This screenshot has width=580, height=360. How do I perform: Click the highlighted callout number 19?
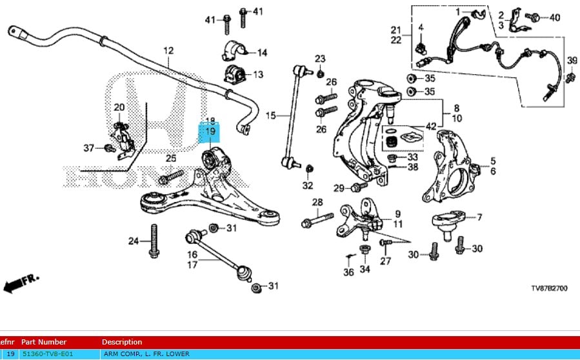click(210, 132)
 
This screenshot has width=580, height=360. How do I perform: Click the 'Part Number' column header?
click(43, 342)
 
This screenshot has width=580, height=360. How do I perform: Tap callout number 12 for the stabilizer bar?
click(168, 50)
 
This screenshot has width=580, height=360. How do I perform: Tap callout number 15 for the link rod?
click(270, 115)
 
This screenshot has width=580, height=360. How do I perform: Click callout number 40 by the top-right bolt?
click(555, 17)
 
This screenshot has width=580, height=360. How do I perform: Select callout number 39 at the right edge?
click(572, 61)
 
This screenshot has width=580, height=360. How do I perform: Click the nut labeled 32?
click(308, 170)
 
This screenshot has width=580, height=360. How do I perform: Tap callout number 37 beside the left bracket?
click(89, 148)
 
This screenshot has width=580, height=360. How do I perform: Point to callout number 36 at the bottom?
click(348, 272)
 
